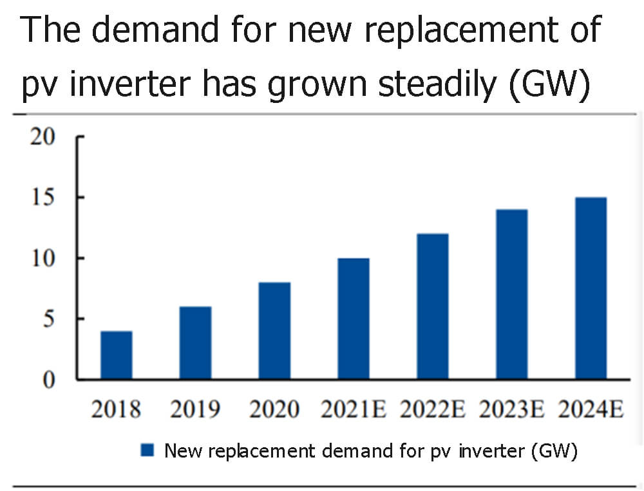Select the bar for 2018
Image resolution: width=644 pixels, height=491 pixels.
(117, 355)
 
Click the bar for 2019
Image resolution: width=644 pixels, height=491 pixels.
(195, 343)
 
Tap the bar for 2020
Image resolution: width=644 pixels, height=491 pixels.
(274, 331)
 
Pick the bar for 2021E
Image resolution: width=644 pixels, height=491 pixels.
(354, 319)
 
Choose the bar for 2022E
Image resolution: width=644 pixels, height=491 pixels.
(433, 306)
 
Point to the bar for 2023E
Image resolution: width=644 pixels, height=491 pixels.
(512, 294)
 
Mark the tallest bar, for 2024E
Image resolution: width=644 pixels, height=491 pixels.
(591, 288)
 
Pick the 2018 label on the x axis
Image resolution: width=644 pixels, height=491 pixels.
(117, 409)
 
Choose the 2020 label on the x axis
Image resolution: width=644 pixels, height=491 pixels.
(274, 409)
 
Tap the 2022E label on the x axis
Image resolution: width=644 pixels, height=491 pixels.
(432, 409)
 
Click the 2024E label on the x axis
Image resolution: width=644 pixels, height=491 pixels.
(590, 409)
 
